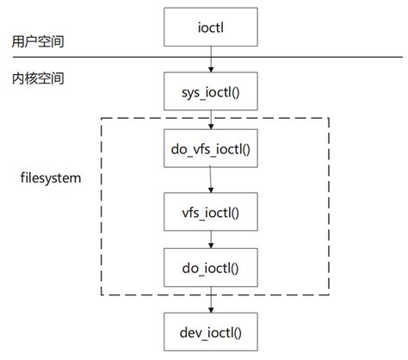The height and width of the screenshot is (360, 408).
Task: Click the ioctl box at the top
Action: (211, 27)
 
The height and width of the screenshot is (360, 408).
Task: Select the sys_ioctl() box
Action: (211, 90)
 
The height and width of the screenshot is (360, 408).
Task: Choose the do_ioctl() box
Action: (211, 270)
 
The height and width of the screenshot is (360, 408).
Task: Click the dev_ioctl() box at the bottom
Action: (211, 330)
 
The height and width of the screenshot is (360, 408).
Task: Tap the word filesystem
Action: (50, 179)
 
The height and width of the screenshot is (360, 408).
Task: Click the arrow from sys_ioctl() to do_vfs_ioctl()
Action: (211, 119)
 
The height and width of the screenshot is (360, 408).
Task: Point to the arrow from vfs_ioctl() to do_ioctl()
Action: (211, 239)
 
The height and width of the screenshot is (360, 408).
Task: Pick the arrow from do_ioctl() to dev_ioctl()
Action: (211, 300)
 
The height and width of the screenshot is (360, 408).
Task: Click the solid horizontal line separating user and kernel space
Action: (103, 58)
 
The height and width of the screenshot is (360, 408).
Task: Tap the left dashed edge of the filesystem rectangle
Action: (103, 207)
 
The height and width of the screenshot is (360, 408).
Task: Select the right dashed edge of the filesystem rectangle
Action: (328, 207)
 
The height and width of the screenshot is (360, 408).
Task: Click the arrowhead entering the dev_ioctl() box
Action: (211, 307)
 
